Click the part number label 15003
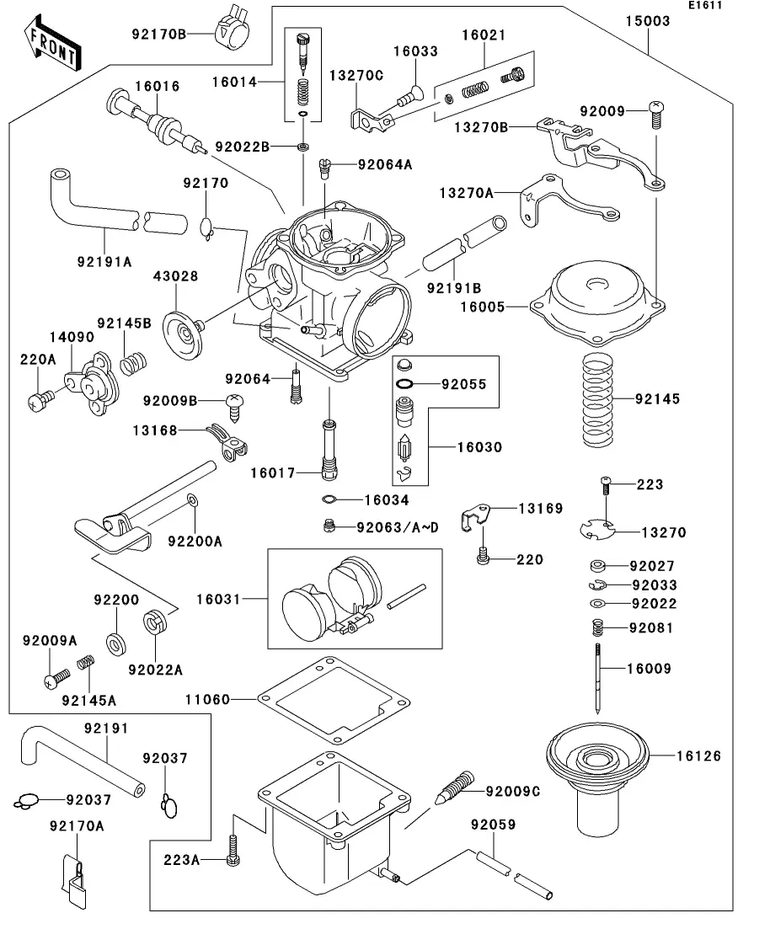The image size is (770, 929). (x=648, y=21)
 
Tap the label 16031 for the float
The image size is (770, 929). (x=218, y=600)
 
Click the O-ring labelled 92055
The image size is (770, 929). (x=404, y=384)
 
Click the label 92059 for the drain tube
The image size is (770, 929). (x=493, y=825)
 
